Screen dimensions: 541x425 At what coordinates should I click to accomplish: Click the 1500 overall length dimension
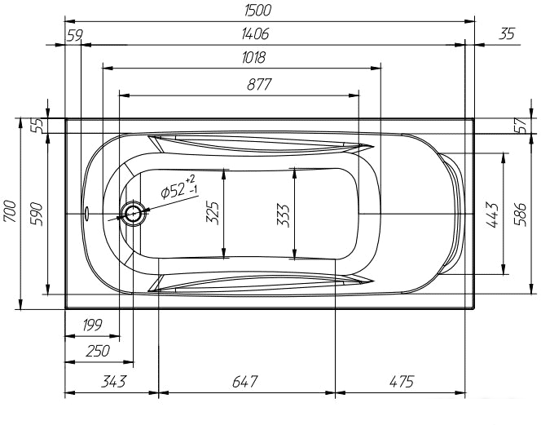click(257, 10)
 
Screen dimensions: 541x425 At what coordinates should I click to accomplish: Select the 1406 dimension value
click(255, 34)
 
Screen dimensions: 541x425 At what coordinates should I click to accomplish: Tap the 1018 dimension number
click(253, 57)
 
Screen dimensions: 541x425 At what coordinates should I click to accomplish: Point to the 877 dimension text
click(259, 84)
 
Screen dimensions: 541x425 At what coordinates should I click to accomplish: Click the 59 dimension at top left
click(74, 35)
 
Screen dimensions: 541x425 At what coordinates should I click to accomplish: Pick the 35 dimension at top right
click(507, 34)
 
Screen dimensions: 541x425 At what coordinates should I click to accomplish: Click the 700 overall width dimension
click(10, 211)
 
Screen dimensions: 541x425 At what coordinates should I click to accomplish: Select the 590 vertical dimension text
click(37, 215)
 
